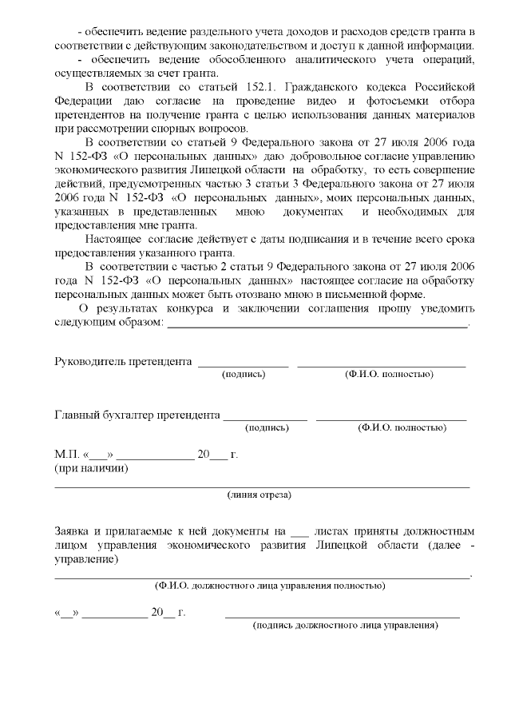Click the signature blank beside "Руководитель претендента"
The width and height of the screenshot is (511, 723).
click(x=243, y=364)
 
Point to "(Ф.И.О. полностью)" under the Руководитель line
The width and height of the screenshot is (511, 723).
click(x=389, y=374)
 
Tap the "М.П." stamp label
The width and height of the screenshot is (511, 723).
click(x=64, y=455)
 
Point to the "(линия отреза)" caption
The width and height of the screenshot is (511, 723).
click(x=259, y=495)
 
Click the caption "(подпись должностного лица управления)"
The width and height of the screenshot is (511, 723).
click(x=345, y=625)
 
